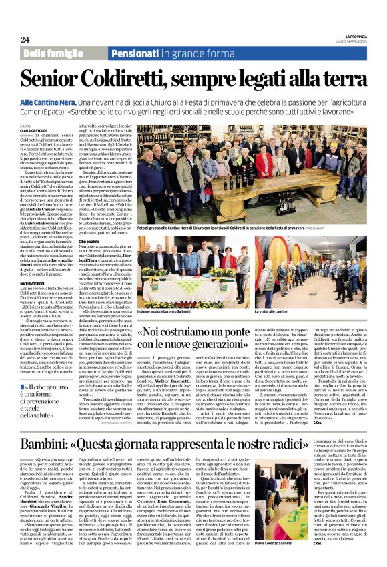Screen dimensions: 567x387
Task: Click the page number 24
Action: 25,39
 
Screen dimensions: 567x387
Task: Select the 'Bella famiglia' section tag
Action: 53,53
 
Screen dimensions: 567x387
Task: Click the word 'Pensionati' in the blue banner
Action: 135,53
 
